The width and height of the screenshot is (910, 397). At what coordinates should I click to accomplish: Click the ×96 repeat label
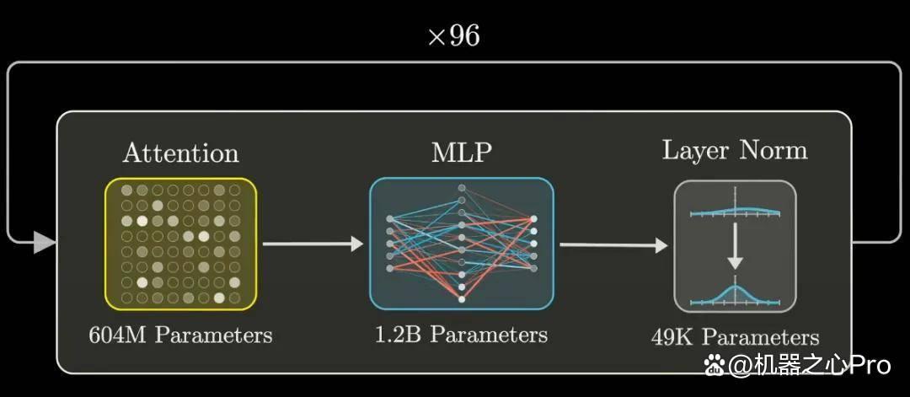click(x=454, y=37)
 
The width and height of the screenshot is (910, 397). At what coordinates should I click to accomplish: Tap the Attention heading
click(x=180, y=153)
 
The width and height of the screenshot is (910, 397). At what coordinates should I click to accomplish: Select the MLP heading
click(x=462, y=153)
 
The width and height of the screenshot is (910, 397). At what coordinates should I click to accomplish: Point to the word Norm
click(x=773, y=150)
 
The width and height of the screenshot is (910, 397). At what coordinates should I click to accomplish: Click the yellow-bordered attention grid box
click(x=180, y=244)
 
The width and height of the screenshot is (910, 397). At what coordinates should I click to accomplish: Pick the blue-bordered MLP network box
click(x=462, y=244)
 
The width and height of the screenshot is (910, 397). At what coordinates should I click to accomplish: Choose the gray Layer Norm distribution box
click(x=735, y=247)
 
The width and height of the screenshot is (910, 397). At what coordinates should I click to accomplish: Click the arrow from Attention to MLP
click(x=313, y=244)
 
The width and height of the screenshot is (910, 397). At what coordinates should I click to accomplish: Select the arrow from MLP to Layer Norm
click(x=613, y=245)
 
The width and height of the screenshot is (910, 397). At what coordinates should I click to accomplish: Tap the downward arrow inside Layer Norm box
click(x=735, y=246)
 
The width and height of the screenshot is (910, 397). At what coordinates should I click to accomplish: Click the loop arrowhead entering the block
click(x=44, y=242)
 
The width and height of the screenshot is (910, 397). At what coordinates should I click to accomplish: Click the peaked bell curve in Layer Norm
click(x=736, y=293)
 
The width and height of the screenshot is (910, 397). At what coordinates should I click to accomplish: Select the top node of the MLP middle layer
click(x=462, y=188)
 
